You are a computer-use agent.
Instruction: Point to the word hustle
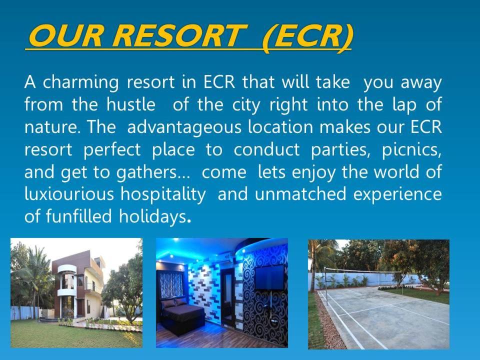pos(131,104)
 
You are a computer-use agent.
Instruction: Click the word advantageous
pos(184,127)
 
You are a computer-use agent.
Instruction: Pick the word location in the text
pos(280,126)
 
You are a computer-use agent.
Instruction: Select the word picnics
pos(411,149)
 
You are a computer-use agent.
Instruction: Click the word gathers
pos(146,172)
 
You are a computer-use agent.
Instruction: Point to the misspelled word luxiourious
pos(69,194)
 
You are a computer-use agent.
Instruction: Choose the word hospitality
pos(163,194)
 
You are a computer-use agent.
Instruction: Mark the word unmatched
pos(300,194)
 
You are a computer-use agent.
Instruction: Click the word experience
pos(397,195)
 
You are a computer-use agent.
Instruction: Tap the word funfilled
pos(78,216)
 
